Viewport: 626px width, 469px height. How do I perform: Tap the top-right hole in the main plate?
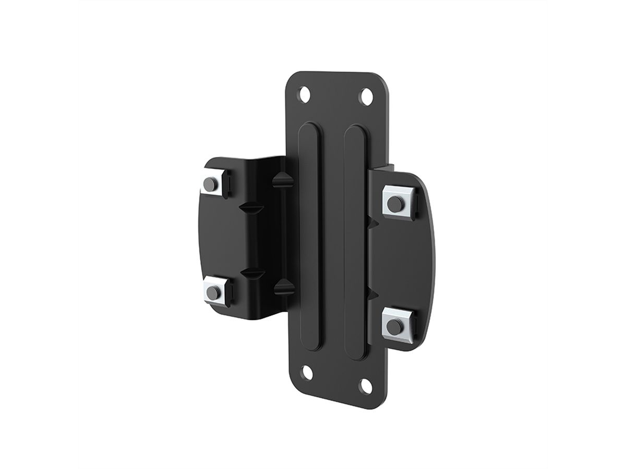coord(367,96)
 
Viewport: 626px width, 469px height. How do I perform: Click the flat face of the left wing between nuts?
coord(216,237)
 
